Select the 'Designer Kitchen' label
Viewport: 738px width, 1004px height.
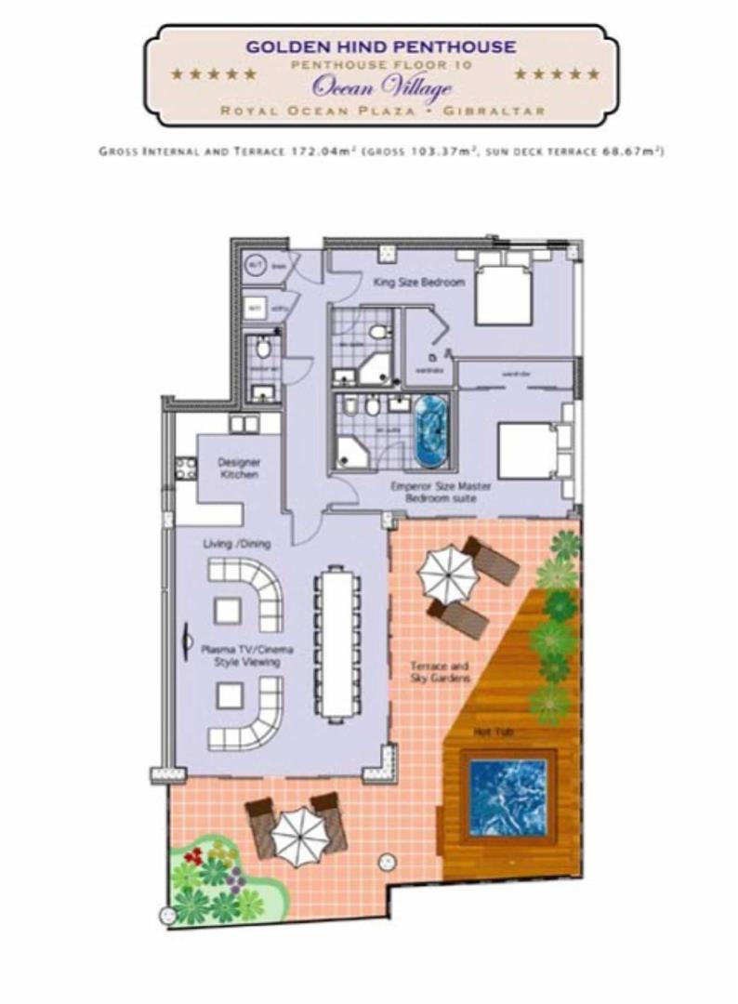pos(239,468)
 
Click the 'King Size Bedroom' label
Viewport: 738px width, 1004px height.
pos(418,283)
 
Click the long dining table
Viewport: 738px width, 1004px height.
pos(333,643)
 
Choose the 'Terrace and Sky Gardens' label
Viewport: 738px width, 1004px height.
pos(441,673)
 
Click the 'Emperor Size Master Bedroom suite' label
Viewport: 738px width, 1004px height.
pos(441,492)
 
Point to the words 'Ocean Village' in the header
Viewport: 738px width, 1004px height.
pos(382,88)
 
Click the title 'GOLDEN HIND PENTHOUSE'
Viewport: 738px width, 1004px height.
pos(381,46)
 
